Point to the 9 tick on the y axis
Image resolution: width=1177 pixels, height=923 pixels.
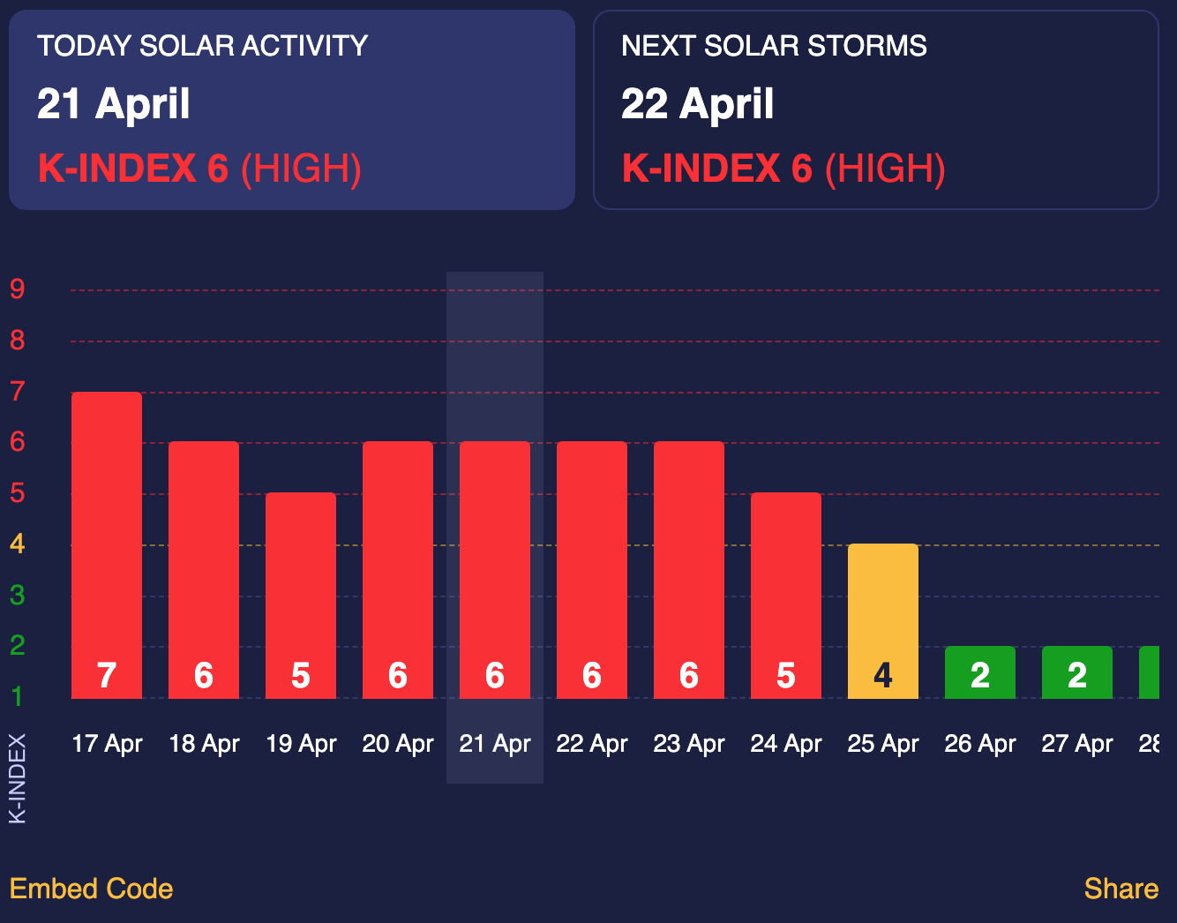tap(18, 289)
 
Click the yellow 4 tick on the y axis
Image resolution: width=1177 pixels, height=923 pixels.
tap(18, 544)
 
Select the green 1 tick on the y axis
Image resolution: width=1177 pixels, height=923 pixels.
tap(18, 697)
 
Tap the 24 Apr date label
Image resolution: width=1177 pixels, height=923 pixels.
tap(786, 744)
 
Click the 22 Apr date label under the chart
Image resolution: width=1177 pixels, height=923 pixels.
tap(592, 744)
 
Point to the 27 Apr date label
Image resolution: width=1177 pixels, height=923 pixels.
tap(1077, 744)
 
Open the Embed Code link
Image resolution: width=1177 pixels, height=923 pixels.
tap(91, 889)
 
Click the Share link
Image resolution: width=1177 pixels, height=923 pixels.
tap(1121, 889)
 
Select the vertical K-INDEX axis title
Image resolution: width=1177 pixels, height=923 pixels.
tap(18, 778)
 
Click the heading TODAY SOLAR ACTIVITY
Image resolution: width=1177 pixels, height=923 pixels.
tap(202, 46)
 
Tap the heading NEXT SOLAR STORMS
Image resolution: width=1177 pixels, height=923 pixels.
tap(774, 46)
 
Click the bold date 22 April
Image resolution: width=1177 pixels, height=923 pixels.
tap(697, 104)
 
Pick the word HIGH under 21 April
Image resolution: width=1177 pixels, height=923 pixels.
tap(301, 169)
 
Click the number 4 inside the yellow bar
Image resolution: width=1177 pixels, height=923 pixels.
tap(883, 676)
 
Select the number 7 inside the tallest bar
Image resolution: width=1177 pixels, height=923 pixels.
tap(107, 676)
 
